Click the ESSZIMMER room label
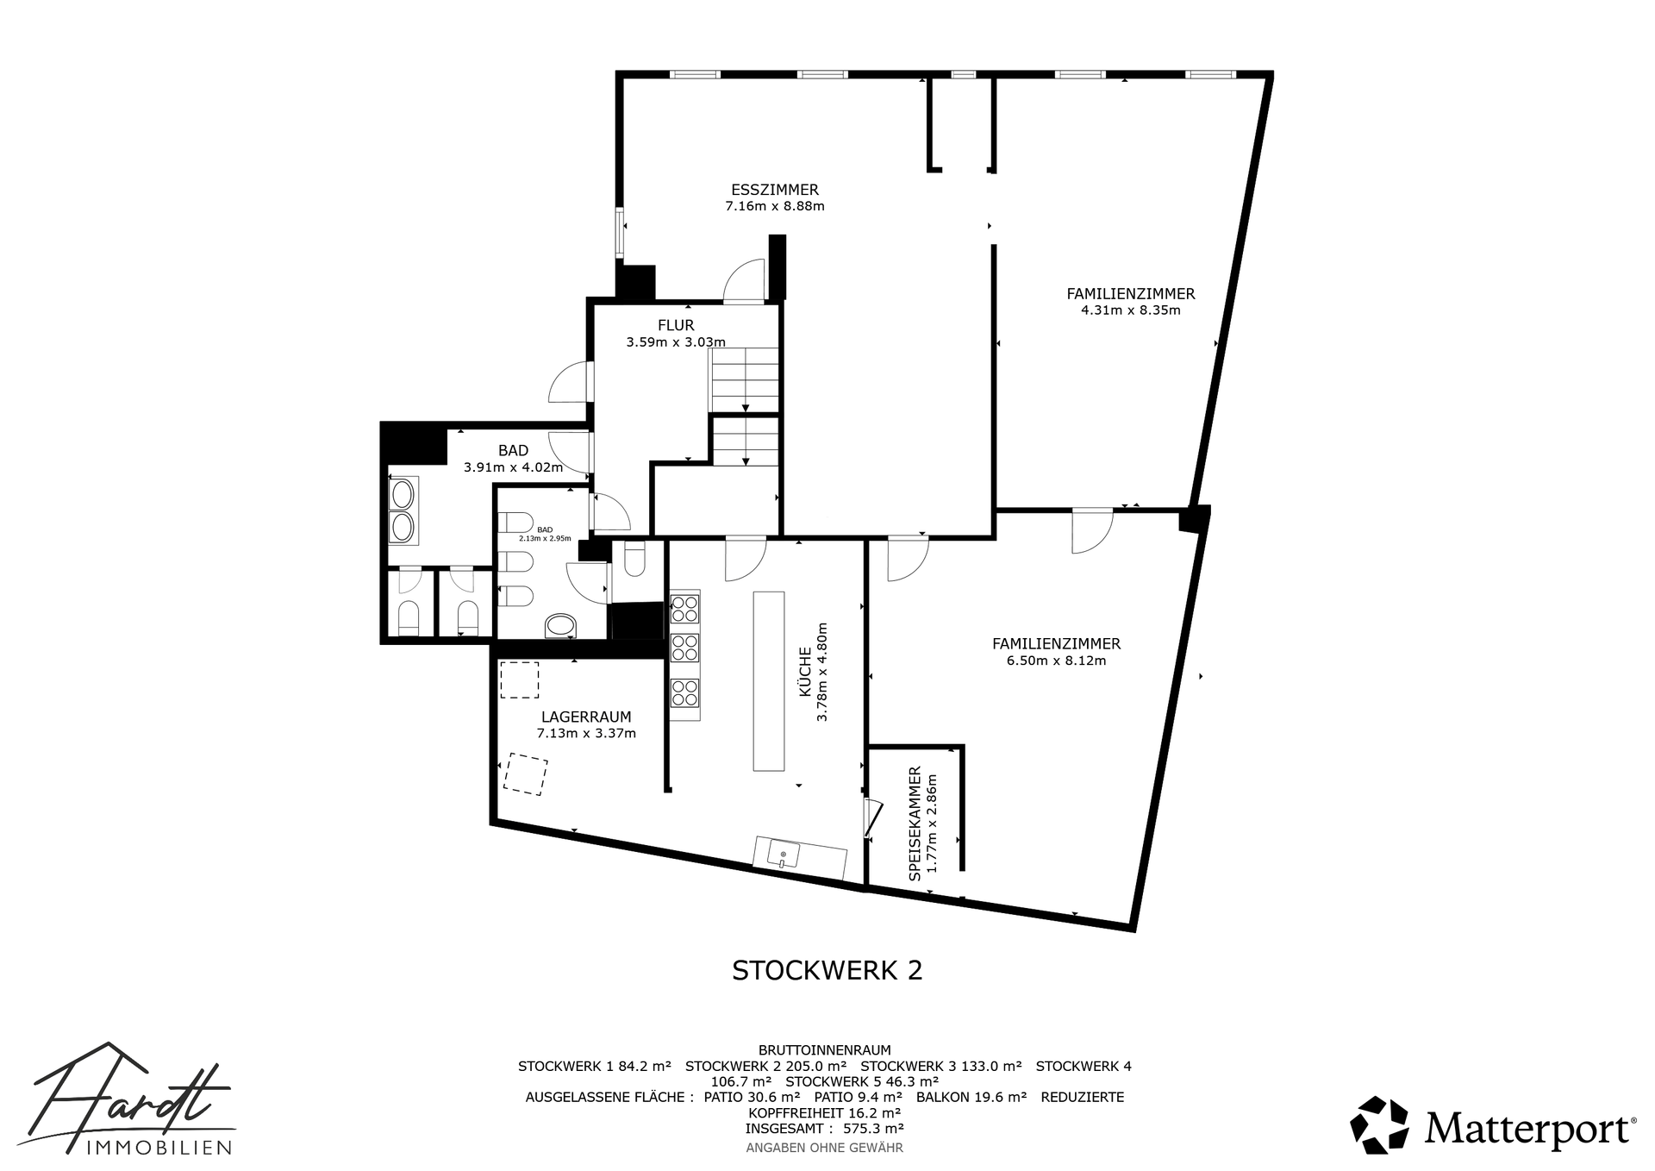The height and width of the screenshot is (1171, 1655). (x=774, y=190)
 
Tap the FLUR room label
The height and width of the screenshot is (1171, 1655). (x=676, y=325)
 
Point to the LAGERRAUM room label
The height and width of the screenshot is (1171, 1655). (x=586, y=717)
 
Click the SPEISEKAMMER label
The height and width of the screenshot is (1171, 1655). (x=915, y=823)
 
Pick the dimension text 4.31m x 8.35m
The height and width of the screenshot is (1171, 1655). (x=1131, y=310)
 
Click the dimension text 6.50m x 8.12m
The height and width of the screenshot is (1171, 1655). (x=1056, y=661)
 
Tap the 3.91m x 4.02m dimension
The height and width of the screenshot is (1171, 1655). (x=513, y=467)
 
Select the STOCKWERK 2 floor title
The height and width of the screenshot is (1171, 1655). (x=827, y=970)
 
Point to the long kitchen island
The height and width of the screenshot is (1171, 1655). (x=769, y=680)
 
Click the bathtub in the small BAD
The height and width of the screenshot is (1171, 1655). (x=561, y=626)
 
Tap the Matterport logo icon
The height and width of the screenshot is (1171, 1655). (x=1379, y=1124)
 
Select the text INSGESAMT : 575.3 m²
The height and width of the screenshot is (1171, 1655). (x=825, y=1128)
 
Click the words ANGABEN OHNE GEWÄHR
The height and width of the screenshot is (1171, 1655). (x=825, y=1148)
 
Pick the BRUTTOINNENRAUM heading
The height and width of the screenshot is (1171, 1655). (x=825, y=1049)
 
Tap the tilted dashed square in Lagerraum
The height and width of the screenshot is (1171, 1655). (x=526, y=774)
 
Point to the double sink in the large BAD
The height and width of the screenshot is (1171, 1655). (x=403, y=510)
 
